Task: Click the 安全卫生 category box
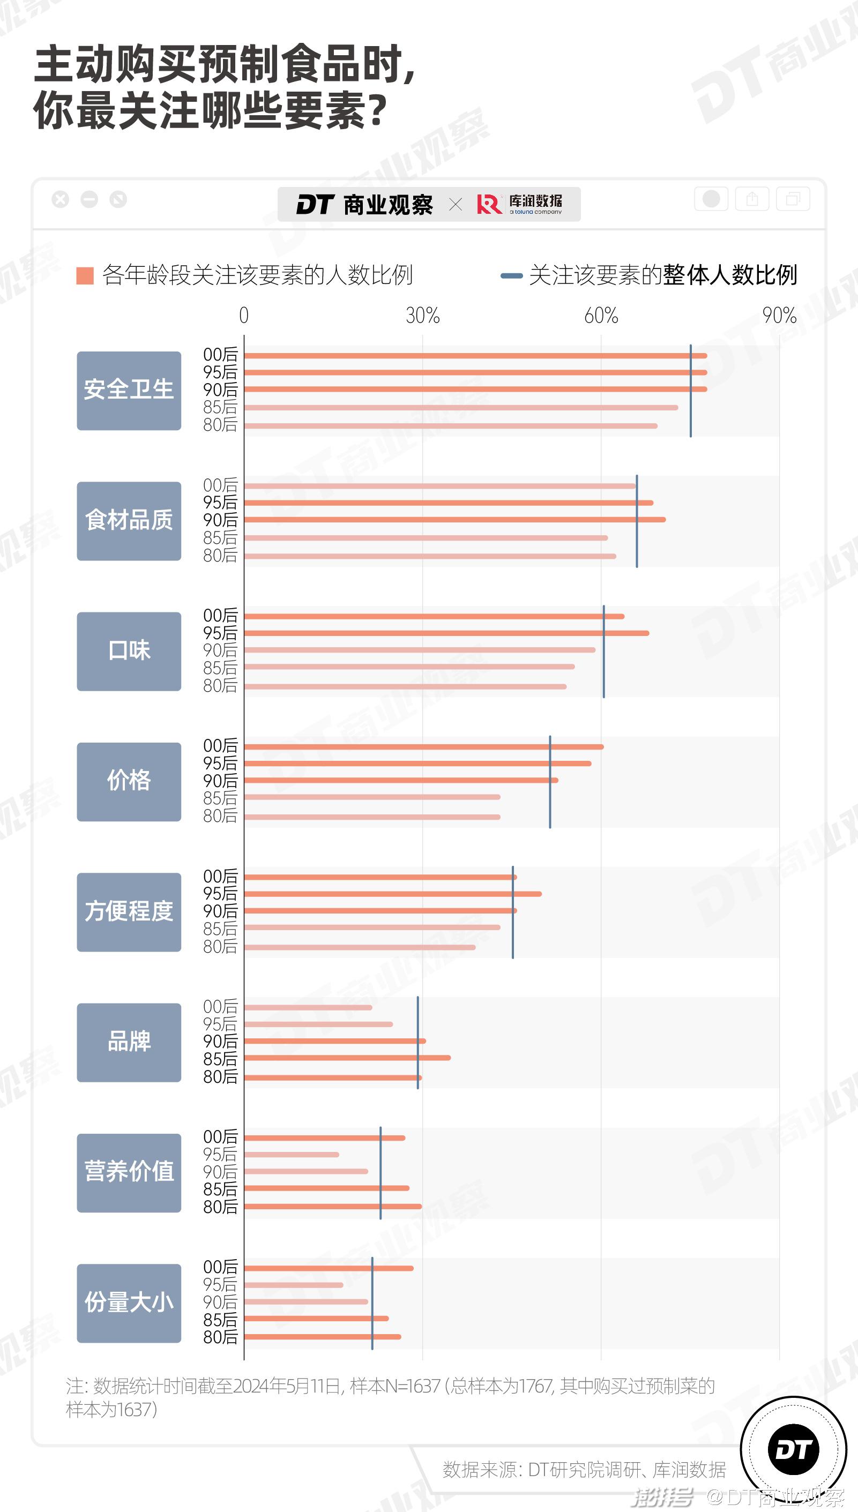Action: (129, 391)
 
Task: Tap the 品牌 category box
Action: (129, 1042)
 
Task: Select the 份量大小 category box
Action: (129, 1303)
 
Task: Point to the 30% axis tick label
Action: (422, 316)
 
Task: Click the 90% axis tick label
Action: (779, 316)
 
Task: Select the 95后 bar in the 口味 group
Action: (446, 633)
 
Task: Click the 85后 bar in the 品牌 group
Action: (347, 1058)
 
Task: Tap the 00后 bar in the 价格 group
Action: (424, 747)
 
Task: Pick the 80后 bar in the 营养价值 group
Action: (333, 1206)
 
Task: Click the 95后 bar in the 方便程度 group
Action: (392, 894)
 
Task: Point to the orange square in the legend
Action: (85, 275)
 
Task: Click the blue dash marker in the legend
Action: (511, 275)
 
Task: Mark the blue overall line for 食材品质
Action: (637, 521)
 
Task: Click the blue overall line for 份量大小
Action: (372, 1304)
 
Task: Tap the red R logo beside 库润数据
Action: (489, 204)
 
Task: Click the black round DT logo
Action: (793, 1449)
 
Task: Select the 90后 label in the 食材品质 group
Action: (220, 520)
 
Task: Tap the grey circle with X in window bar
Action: (60, 200)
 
